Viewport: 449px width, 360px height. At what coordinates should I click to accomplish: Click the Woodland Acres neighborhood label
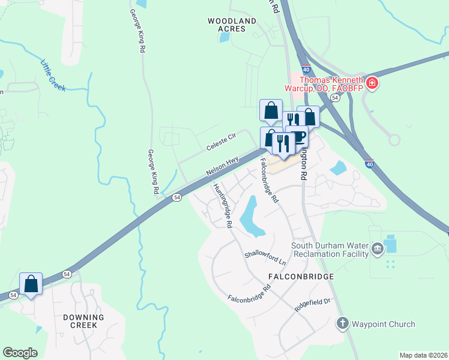point(232,25)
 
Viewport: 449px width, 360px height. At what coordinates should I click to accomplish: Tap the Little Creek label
point(54,76)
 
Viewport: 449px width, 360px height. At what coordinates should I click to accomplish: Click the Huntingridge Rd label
point(223,206)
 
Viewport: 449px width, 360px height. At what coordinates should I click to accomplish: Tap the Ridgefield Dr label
point(313,302)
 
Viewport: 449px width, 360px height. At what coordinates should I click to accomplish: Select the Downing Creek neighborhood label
point(83,320)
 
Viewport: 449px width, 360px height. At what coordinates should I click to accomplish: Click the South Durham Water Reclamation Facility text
point(330,250)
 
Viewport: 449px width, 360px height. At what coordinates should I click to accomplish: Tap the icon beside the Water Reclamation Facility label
point(377,249)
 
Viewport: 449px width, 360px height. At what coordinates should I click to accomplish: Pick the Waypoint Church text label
point(383,325)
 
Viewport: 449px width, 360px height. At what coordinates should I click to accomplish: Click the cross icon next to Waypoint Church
point(343,324)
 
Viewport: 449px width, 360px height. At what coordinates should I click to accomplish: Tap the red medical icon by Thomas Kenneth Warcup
point(372,82)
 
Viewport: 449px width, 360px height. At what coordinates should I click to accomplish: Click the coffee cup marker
point(298,136)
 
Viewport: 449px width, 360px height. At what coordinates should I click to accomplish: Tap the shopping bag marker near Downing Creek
point(31,283)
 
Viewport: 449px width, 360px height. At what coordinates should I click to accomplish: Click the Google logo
point(20,353)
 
